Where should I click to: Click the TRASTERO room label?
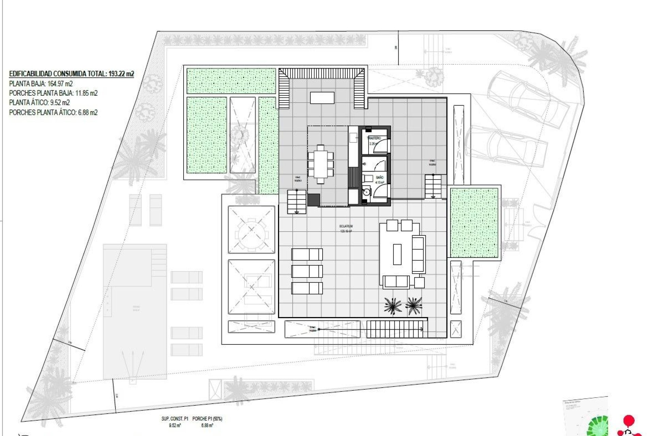point(374,138)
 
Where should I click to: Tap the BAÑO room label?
point(379,177)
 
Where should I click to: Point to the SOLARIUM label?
point(346,226)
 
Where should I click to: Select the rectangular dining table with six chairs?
point(321,164)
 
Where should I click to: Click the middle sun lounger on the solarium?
point(307,271)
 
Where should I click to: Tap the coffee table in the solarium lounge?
point(397,254)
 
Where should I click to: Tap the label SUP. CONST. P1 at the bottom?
point(175,419)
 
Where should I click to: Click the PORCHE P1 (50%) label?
point(207,419)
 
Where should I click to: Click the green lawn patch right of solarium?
point(474,223)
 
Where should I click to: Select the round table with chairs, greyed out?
point(251,230)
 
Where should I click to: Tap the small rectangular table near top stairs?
point(322,98)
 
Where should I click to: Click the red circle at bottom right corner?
point(628,420)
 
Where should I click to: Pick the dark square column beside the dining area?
point(313,200)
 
